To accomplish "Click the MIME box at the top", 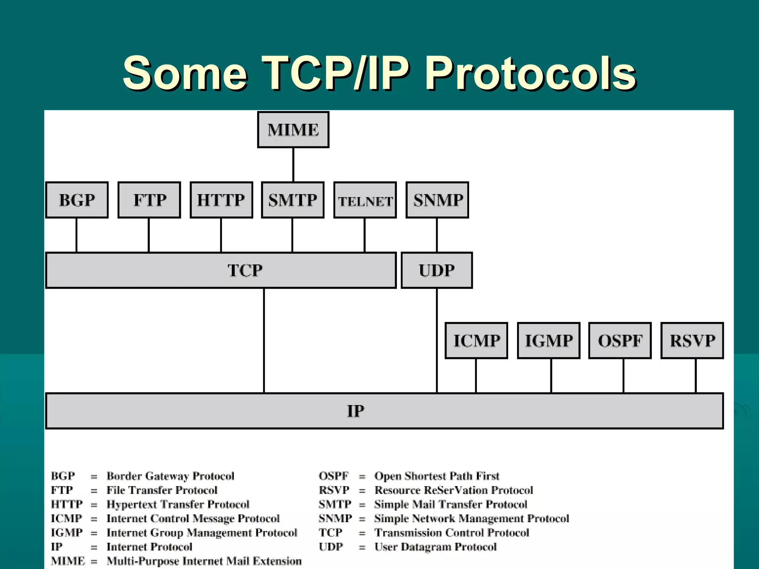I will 293,130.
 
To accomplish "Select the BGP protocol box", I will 77,200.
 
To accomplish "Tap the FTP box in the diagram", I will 149,200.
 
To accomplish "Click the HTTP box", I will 221,200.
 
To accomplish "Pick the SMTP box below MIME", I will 293,200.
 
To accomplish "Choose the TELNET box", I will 365,200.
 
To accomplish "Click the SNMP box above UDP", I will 438,200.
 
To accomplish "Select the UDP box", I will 437,270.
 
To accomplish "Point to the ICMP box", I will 476,341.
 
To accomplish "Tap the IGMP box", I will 549,341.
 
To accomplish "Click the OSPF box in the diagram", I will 620,341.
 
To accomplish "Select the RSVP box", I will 692,341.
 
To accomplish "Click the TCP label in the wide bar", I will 245,270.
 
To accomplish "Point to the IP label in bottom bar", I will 355,411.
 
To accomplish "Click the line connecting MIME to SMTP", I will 293,165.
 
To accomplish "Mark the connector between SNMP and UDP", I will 437,235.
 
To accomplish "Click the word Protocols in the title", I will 531,73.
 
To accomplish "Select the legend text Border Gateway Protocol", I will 170,476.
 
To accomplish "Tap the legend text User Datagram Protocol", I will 435,547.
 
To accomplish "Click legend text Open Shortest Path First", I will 437,476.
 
